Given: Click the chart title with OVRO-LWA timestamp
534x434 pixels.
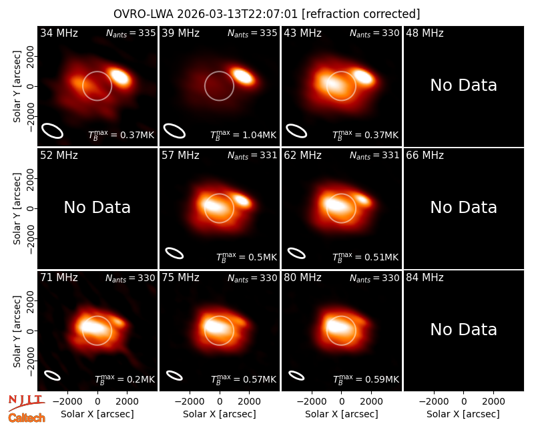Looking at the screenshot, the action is [x=266, y=14].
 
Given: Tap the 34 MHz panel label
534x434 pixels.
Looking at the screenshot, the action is [x=59, y=33].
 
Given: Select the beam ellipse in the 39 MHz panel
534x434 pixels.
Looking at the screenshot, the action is [x=174, y=131].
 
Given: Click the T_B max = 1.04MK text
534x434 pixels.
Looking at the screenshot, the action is [x=243, y=136].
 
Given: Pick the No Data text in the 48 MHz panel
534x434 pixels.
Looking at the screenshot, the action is [x=463, y=85].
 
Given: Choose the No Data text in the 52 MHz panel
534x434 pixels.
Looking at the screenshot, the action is [x=97, y=208].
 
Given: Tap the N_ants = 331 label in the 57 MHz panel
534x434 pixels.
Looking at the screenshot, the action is [x=252, y=156].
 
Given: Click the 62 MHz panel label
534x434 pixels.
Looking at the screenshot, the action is [x=303, y=156].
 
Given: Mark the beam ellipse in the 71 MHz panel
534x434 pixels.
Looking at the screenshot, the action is [x=52, y=375].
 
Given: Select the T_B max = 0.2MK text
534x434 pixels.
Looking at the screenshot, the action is [x=125, y=379].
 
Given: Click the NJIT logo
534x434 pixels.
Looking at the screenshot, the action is [x=26, y=403].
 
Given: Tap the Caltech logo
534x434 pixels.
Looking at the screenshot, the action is [x=27, y=418].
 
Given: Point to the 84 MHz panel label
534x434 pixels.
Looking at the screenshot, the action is [x=425, y=278].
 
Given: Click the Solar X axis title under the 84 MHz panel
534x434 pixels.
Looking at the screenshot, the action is [x=463, y=414].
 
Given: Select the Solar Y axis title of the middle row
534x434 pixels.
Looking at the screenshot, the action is [x=17, y=208].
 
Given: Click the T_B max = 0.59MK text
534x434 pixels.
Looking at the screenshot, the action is [x=365, y=379].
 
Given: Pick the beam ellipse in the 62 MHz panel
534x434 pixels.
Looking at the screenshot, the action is [x=296, y=254].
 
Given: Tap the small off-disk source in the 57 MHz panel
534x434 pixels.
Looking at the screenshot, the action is [x=242, y=200].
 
